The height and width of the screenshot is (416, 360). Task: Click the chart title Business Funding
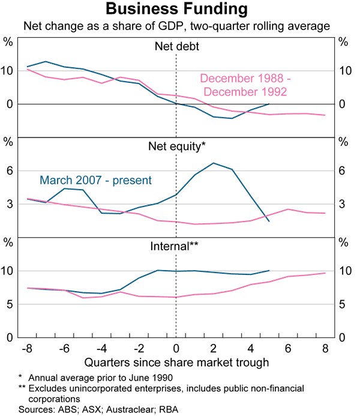pos(176,10)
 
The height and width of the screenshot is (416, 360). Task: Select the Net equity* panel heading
pos(176,146)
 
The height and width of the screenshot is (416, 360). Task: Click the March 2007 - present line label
pos(95,179)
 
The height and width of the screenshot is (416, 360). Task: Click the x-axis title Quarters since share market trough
pos(176,362)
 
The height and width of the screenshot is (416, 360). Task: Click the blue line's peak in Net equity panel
pos(213,163)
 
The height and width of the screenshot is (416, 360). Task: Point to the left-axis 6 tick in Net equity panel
pos(9,171)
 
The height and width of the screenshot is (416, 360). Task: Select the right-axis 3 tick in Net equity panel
pos(343,205)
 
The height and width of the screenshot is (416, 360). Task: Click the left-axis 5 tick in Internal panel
pos(9,304)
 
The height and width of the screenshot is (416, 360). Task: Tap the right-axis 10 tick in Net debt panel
pos(343,71)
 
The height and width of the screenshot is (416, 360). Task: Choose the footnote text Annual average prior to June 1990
pos(95,378)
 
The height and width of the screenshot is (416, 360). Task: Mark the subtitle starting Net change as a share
pos(176,26)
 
